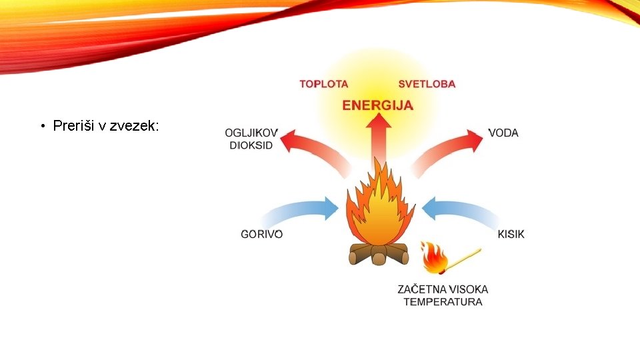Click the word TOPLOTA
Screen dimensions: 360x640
tap(323, 84)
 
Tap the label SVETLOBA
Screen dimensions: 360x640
tap(427, 84)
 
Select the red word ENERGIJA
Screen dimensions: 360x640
tap(377, 105)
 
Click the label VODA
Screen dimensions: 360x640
tap(503, 133)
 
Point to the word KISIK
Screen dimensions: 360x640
tap(511, 234)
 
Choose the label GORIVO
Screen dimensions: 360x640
tap(261, 234)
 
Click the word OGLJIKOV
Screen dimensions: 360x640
tap(251, 133)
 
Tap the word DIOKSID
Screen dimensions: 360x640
tap(251, 145)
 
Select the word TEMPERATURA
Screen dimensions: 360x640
tap(443, 302)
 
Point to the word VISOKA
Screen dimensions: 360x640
tap(468, 289)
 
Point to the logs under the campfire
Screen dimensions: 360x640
tap(379, 254)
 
